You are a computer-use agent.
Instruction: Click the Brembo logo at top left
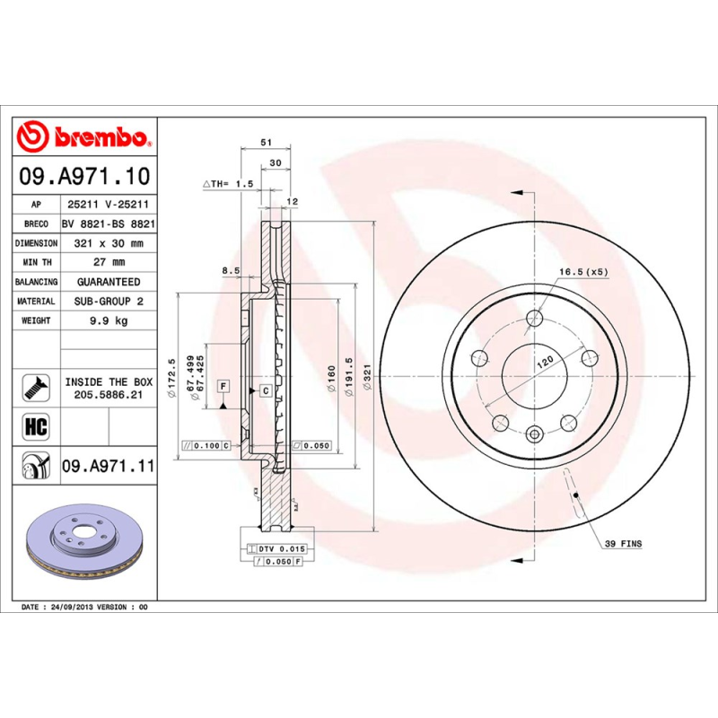pos(83,136)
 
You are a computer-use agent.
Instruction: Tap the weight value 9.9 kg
pos(108,320)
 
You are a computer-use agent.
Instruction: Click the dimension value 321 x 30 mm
pos(108,243)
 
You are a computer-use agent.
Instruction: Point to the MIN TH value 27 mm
pos(108,262)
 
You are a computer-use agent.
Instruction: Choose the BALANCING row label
pos(37,282)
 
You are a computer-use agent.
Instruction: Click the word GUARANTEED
pos(108,282)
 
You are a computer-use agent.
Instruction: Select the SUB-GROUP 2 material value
pos(108,302)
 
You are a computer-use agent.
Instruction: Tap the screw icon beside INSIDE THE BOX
pos(35,387)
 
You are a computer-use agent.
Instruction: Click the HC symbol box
pos(35,425)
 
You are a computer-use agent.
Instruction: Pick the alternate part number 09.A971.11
pos(108,467)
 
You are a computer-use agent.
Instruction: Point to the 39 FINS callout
pos(623,544)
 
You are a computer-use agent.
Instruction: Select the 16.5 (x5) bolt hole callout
pos(584,271)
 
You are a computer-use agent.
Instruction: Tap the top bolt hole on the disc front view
pos(535,317)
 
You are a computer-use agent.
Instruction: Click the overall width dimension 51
pos(265,143)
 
